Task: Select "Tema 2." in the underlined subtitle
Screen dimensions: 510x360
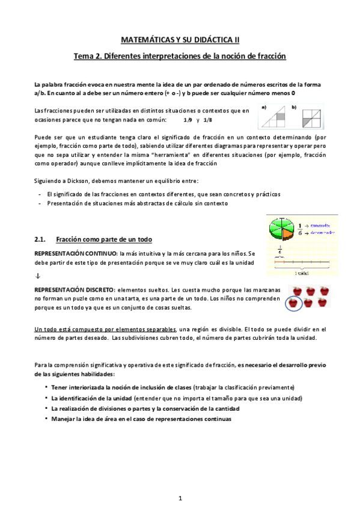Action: click(x=87, y=57)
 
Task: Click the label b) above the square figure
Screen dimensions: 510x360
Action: click(x=294, y=107)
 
